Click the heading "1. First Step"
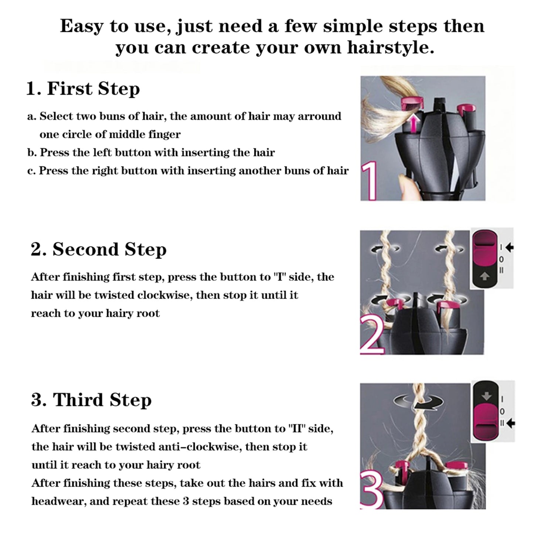(83, 89)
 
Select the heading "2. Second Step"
(98, 249)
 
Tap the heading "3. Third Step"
(91, 400)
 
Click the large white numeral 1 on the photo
(369, 181)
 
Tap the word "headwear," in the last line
(58, 501)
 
